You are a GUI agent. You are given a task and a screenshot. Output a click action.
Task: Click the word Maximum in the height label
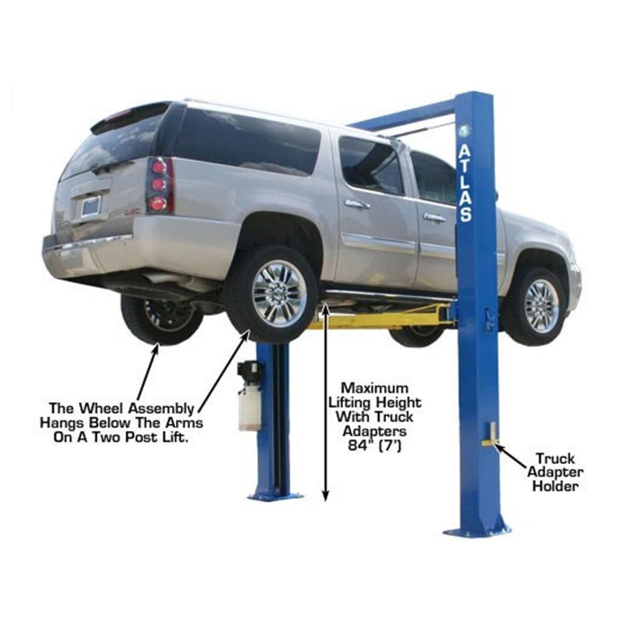[374, 387]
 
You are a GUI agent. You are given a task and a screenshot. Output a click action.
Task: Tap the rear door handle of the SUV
[356, 203]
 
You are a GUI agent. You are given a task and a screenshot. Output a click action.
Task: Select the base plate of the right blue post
[476, 529]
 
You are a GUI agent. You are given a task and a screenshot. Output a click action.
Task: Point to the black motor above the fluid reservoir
[249, 371]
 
